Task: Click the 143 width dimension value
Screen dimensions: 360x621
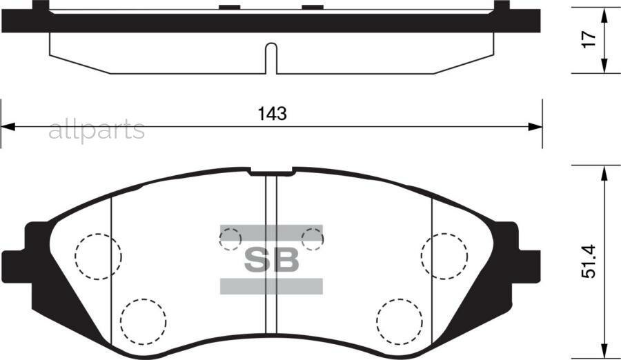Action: click(272, 114)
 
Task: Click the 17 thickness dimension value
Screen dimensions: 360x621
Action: click(589, 39)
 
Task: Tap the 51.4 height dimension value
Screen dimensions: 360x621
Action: click(589, 264)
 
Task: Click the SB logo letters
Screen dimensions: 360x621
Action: click(272, 259)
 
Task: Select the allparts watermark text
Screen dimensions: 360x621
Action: click(97, 129)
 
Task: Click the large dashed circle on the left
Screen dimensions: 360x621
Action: click(98, 255)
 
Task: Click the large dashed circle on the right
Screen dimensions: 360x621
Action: click(444, 255)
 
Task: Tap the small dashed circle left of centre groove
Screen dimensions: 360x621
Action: click(230, 239)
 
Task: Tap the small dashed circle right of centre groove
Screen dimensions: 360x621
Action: click(313, 239)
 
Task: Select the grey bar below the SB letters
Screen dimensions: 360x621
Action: click(272, 286)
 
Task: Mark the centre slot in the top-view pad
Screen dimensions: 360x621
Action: click(271, 58)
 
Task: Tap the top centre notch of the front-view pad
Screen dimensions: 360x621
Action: click(271, 171)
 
